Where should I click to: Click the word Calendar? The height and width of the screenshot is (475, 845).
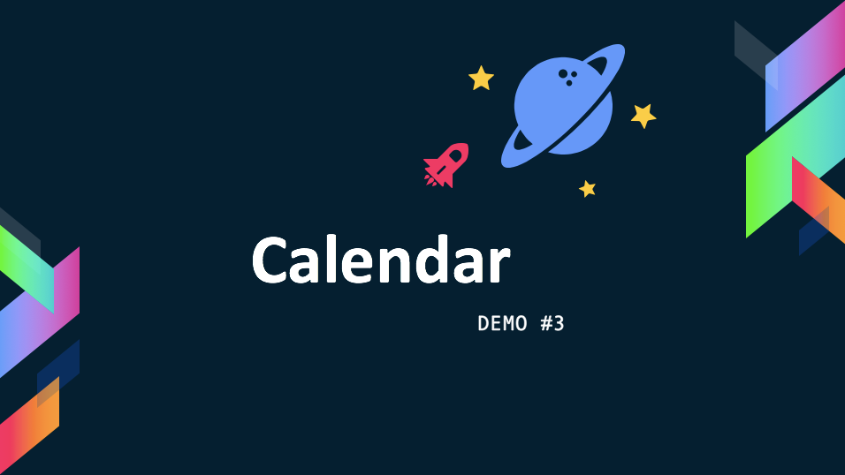[380, 260]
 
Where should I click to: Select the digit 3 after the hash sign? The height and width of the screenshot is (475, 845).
[559, 324]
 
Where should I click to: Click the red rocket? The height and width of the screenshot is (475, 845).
[446, 165]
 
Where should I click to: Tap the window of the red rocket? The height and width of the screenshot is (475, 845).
[455, 157]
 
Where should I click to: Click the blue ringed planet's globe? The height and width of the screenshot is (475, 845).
[563, 106]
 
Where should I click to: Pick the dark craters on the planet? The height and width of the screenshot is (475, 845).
[567, 77]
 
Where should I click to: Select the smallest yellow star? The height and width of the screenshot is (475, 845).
[588, 189]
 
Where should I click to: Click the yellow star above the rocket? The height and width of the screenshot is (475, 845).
[481, 79]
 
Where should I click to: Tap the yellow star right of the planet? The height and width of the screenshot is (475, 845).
[643, 116]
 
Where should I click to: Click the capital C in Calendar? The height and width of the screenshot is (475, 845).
[269, 260]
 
